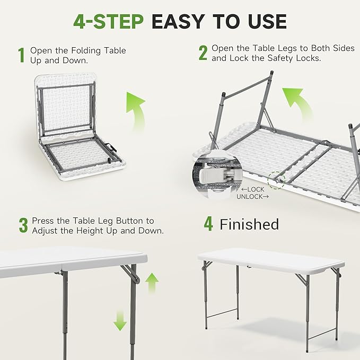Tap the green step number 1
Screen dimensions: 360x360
21,55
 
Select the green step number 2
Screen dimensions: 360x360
203,53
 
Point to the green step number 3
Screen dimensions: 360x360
23,225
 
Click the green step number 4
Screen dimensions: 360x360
208,224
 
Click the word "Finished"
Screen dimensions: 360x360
249,224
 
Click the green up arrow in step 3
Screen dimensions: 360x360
152,283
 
